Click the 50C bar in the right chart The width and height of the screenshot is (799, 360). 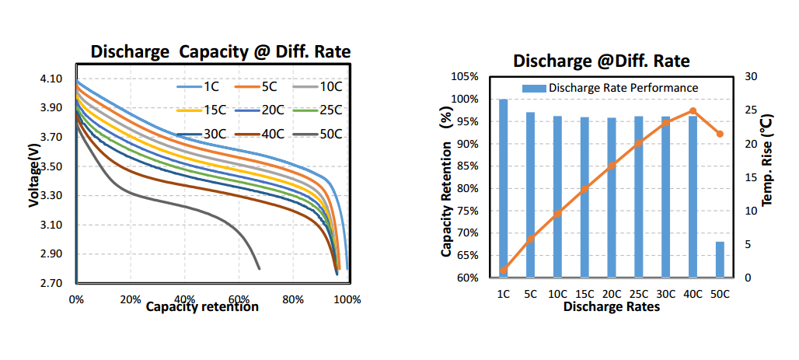click(x=720, y=260)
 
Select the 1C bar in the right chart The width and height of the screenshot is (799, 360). click(x=504, y=188)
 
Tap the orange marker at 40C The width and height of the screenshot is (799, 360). click(x=693, y=111)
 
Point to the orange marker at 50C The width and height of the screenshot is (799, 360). click(x=720, y=134)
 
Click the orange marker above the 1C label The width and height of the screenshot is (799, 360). click(x=504, y=271)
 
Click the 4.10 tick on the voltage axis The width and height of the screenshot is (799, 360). click(x=51, y=79)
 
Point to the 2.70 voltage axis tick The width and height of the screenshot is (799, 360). click(x=51, y=284)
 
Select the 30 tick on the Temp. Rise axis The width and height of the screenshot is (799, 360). click(x=751, y=76)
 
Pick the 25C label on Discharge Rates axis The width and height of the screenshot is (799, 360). click(x=638, y=295)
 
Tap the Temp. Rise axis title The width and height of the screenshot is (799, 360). click(x=767, y=160)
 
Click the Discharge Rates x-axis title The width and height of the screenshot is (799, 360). click(x=611, y=307)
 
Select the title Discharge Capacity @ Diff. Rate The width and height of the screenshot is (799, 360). click(x=221, y=53)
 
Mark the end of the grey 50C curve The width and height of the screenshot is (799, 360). click(x=259, y=268)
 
